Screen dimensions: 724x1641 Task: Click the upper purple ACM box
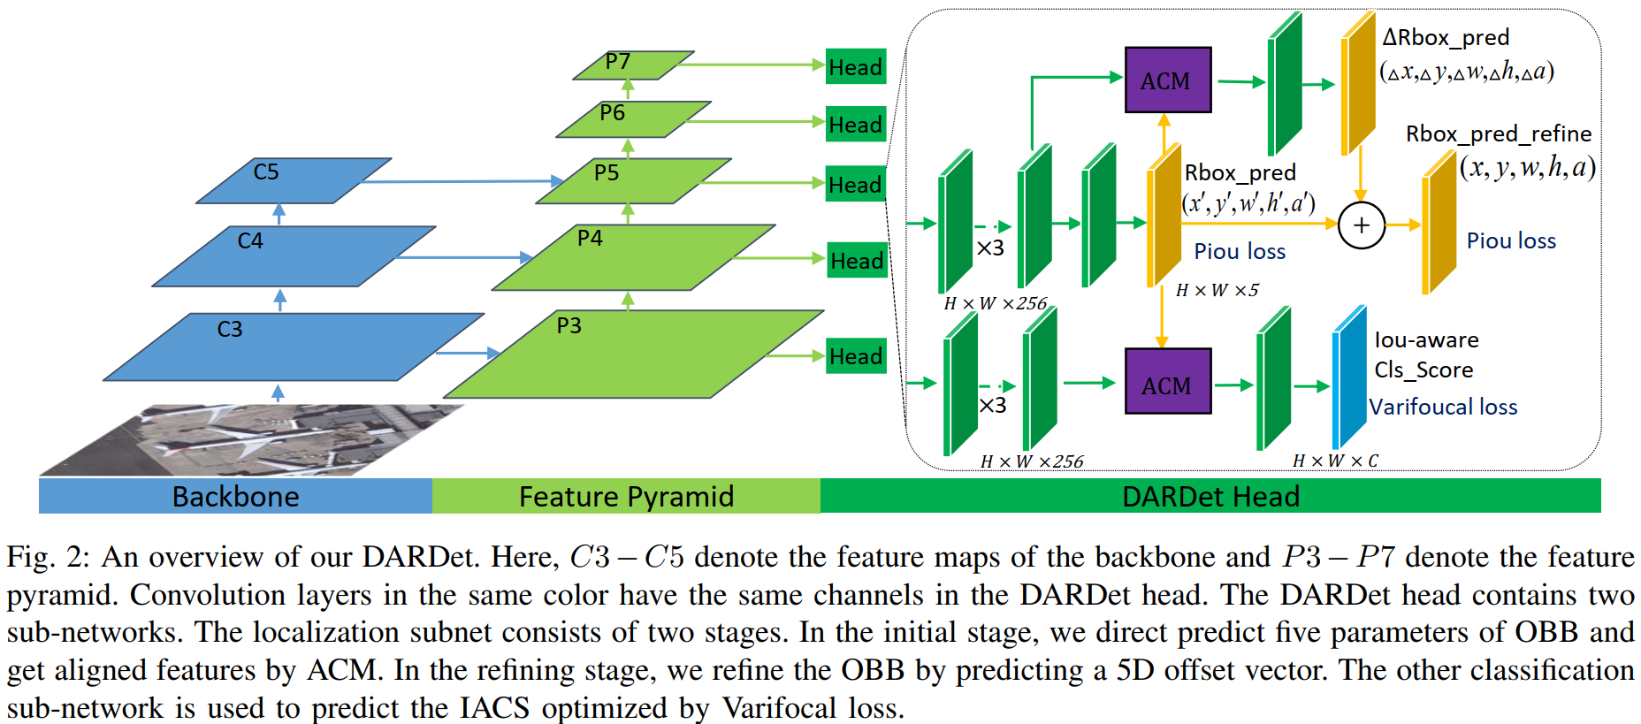pyautogui.click(x=1167, y=80)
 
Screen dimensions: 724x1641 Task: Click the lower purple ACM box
pyautogui.click(x=1167, y=382)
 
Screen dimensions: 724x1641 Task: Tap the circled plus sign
pyautogui.click(x=1361, y=225)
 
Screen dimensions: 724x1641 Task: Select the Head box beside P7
pyautogui.click(x=855, y=67)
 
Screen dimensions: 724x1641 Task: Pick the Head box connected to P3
pyautogui.click(x=856, y=356)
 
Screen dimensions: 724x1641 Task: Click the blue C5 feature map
pyautogui.click(x=292, y=181)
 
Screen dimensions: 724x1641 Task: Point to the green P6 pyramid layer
pyautogui.click(x=632, y=119)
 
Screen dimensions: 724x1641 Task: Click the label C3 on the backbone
pyautogui.click(x=230, y=330)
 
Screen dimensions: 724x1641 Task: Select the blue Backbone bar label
pyautogui.click(x=235, y=497)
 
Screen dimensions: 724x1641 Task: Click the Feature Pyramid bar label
pyautogui.click(x=626, y=497)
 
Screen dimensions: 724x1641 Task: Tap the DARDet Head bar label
pyautogui.click(x=1210, y=497)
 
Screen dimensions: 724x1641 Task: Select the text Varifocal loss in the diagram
pyautogui.click(x=1443, y=407)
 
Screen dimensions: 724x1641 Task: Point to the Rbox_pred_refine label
pyautogui.click(x=1498, y=134)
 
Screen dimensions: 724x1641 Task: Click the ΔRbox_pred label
pyautogui.click(x=1446, y=38)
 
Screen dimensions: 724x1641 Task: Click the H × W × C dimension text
pyautogui.click(x=1335, y=461)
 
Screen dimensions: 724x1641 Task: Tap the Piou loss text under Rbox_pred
pyautogui.click(x=1240, y=252)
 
